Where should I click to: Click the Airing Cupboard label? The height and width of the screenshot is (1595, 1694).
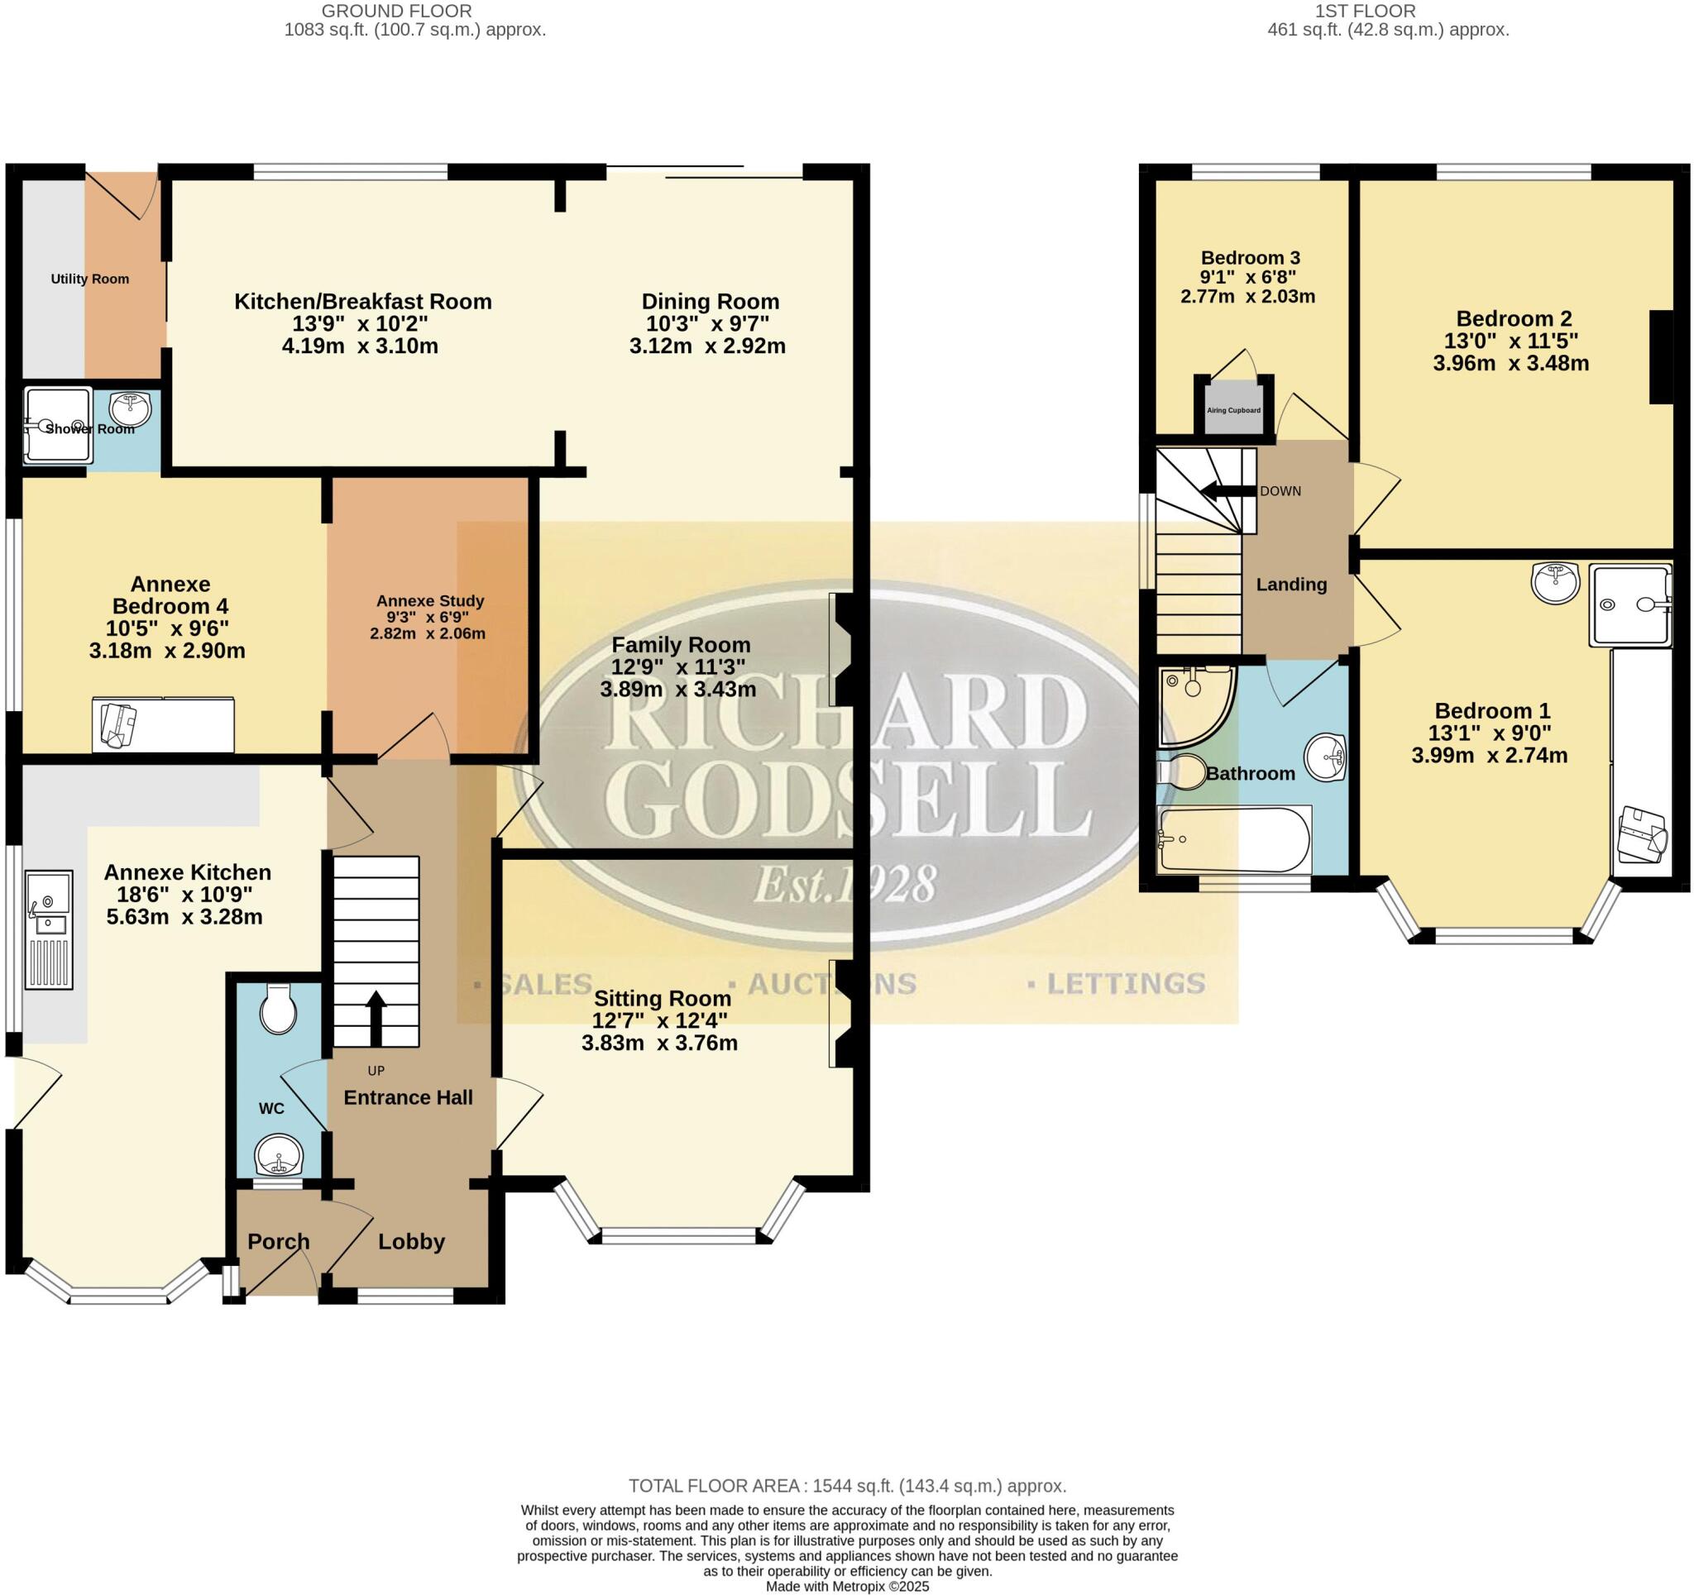click(1233, 410)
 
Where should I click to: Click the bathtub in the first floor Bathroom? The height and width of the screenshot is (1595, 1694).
click(1234, 841)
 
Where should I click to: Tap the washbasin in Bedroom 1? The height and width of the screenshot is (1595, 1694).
click(1555, 583)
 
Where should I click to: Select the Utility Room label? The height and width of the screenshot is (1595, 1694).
click(89, 279)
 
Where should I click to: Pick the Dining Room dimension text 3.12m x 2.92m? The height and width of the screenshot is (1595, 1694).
click(707, 346)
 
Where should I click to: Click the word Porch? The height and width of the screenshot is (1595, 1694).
click(278, 1241)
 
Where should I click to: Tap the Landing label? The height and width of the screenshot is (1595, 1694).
click(1291, 585)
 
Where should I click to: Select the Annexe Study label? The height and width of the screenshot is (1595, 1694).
click(430, 600)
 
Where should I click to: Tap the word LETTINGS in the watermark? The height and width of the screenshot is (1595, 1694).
click(1125, 984)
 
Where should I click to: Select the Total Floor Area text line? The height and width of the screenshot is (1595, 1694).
click(847, 1486)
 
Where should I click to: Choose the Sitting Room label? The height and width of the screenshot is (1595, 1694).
click(662, 998)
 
